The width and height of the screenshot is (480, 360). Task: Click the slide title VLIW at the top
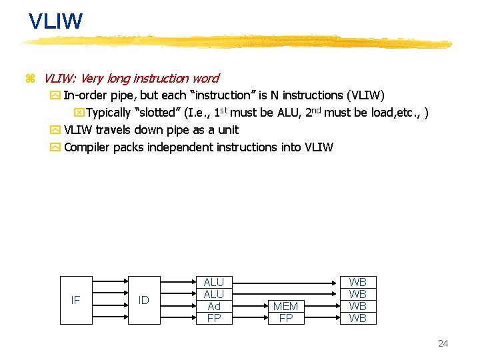[x=56, y=21]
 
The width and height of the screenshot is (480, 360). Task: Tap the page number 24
[x=443, y=343]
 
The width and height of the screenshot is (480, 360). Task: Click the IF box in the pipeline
[x=75, y=300]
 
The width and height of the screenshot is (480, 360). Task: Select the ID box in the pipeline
[x=144, y=300]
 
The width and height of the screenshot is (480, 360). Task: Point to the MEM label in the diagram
[x=286, y=306]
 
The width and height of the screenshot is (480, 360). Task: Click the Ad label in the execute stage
[x=214, y=306]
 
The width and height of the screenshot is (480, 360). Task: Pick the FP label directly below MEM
[x=286, y=318]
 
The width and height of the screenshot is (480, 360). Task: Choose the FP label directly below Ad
[x=214, y=318]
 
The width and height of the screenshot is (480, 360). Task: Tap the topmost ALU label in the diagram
[x=214, y=282]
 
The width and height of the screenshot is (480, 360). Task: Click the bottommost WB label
[x=358, y=318]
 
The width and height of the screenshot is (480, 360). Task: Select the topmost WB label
[x=358, y=282]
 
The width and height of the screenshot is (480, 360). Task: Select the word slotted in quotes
[x=159, y=112]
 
